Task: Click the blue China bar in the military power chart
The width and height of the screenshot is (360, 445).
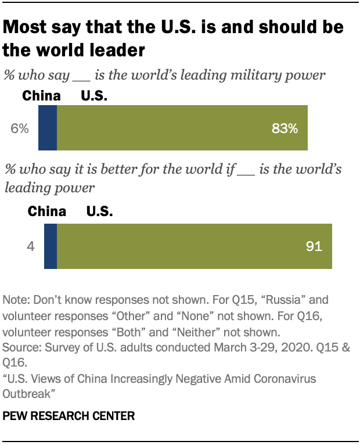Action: [x=48, y=129]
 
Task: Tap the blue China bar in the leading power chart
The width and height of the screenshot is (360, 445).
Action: [x=51, y=246]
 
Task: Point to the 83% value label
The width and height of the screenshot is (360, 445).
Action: [x=285, y=129]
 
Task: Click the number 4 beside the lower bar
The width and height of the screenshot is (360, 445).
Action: [x=31, y=246]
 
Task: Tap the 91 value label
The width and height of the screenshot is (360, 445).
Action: [x=314, y=246]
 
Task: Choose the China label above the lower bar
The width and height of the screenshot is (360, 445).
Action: [x=47, y=212]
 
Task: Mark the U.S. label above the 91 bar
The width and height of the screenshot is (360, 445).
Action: [x=100, y=212]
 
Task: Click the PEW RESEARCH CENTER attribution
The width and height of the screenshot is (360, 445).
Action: [x=69, y=416]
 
